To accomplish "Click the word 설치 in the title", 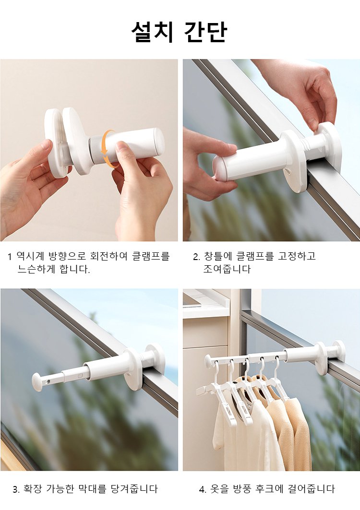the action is click(151, 32).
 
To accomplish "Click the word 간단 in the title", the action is click(205, 32).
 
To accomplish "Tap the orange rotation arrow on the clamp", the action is click(107, 149).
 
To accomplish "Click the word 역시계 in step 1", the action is click(30, 256).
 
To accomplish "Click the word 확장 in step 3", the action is click(33, 488).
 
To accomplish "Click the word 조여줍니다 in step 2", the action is click(227, 269).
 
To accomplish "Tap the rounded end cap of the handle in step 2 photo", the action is click(219, 167).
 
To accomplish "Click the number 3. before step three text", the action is click(16, 489).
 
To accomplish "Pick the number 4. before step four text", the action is click(203, 489).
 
